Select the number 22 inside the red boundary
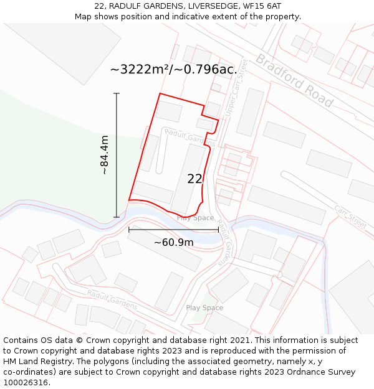194,179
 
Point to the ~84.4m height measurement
105,155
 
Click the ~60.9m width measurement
173,242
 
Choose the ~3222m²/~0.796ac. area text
173,69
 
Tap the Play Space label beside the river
195,218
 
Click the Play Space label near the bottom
204,308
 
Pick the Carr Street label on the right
350,217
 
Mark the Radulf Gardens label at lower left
112,299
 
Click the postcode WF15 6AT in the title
264,6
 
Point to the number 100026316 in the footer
26,383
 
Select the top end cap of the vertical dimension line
117,93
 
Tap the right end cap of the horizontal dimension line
218,230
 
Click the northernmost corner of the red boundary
160,93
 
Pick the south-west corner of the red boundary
129,200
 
